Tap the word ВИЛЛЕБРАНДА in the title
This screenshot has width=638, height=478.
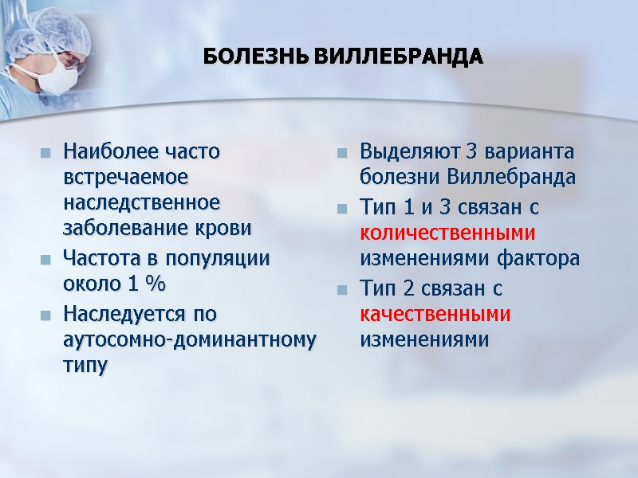tap(396, 58)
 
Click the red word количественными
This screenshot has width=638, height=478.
tap(447, 233)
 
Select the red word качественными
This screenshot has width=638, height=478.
tap(435, 313)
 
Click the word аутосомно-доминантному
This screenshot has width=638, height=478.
tap(189, 339)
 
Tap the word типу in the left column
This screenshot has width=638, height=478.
tap(84, 366)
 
